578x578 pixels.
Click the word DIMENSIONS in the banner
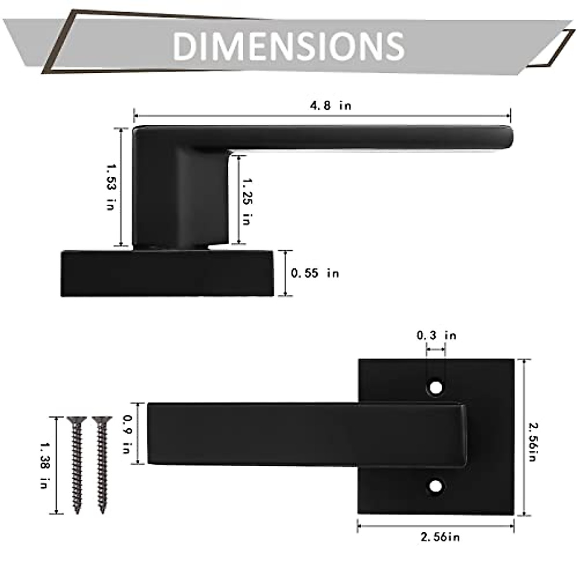(288, 46)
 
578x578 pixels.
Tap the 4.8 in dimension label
(330, 105)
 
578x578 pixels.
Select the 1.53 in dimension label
(111, 186)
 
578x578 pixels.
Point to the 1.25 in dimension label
(247, 201)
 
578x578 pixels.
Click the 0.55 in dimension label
(315, 273)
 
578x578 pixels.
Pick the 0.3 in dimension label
(436, 335)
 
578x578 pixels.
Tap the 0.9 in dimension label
(128, 433)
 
